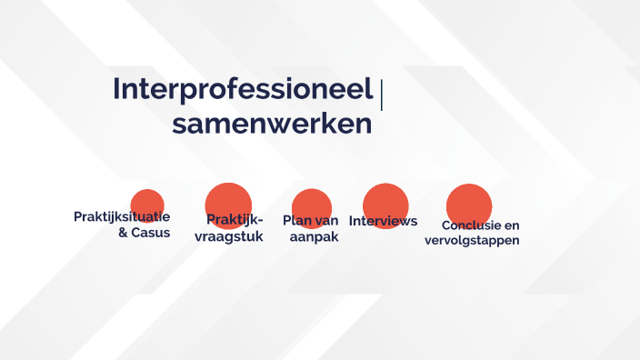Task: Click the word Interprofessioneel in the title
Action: [243, 90]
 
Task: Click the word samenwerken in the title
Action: [272, 125]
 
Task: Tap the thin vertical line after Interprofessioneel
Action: [381, 95]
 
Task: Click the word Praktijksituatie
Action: [122, 216]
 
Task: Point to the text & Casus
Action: [144, 233]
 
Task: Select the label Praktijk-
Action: [235, 220]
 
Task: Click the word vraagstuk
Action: [229, 237]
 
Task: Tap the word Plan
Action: [297, 221]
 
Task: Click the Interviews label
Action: [383, 221]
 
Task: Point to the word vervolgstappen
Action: [472, 241]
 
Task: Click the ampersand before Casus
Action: [124, 233]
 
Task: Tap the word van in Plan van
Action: [327, 221]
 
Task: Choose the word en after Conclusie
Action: [512, 225]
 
